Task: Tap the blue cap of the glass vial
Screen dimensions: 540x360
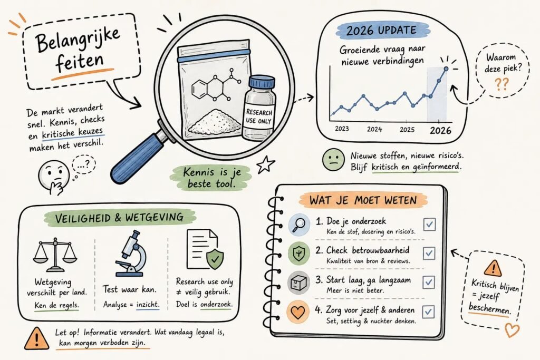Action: pyautogui.click(x=263, y=82)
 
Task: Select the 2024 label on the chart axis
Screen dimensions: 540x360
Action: pyautogui.click(x=374, y=130)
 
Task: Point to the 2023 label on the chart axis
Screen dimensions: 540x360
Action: pyautogui.click(x=342, y=129)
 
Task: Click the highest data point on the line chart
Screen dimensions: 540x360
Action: pyautogui.click(x=446, y=69)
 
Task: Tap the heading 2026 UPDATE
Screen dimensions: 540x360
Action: pyautogui.click(x=381, y=31)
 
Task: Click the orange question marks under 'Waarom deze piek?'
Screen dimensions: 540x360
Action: pyautogui.click(x=502, y=84)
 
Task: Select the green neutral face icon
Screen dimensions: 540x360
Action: pyautogui.click(x=333, y=159)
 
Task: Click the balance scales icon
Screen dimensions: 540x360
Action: pyautogui.click(x=55, y=255)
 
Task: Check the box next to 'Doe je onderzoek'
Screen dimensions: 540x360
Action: pyautogui.click(x=429, y=225)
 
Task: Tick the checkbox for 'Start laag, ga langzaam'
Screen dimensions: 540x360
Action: pyautogui.click(x=429, y=282)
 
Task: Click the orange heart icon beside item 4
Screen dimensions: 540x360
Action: pyautogui.click(x=297, y=312)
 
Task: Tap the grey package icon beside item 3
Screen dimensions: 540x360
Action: pyautogui.click(x=298, y=283)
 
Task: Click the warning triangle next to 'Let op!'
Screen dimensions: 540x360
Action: pyautogui.click(x=36, y=338)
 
